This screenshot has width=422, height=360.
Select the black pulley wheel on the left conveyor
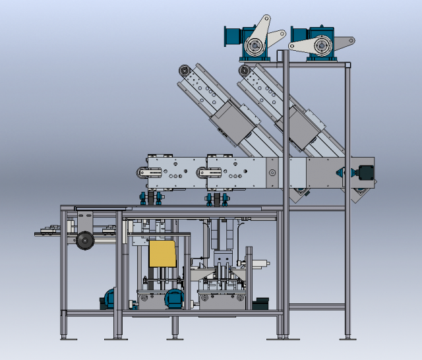(84, 242)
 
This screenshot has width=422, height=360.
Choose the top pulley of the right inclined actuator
(246, 69)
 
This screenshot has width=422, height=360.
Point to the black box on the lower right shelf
(260, 303)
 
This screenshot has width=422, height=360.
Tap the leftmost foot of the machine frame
(65, 337)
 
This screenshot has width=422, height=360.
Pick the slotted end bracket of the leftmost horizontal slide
(150, 173)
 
